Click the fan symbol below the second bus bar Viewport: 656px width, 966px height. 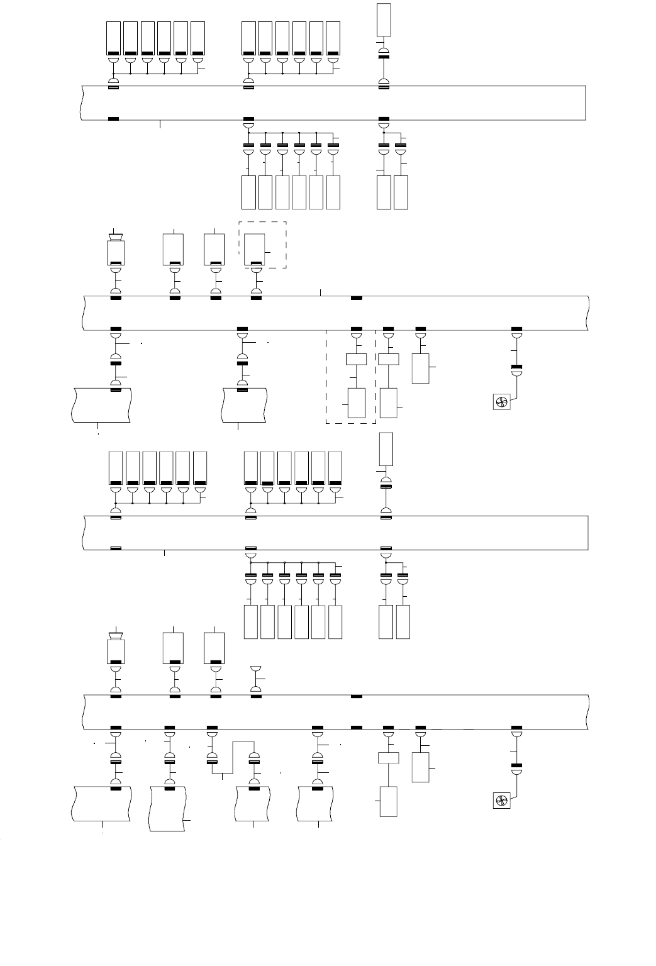502,402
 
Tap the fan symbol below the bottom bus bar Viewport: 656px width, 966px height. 502,801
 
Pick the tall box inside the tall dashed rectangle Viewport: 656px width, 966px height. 357,403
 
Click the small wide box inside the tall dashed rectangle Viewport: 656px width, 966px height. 357,360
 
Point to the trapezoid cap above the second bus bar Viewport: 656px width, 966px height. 115,237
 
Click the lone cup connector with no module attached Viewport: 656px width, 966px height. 256,669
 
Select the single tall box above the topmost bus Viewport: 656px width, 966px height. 384,19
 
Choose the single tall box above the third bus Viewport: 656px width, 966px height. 386,449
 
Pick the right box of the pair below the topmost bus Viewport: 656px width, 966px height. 401,192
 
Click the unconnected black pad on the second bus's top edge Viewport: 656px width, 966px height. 357,297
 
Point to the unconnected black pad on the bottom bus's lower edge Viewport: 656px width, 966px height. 357,728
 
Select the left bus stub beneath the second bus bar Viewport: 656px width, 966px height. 101,405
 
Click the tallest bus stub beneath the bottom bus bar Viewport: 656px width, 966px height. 168,808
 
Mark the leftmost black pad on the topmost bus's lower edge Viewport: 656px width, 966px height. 114,118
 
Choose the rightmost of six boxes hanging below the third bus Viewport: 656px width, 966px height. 335,622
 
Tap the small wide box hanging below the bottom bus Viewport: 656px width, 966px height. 388,758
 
